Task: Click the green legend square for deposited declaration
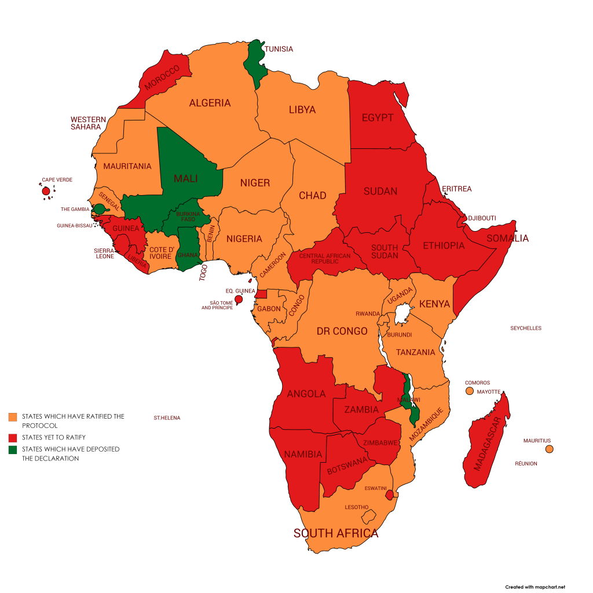[13, 449]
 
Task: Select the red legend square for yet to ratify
[13, 437]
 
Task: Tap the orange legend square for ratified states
[13, 417]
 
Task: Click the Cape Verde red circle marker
[46, 191]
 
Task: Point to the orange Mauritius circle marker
[549, 449]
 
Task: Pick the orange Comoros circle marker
[470, 391]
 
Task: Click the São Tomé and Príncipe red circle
[238, 299]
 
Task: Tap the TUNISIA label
[279, 49]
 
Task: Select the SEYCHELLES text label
[525, 328]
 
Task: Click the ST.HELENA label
[167, 418]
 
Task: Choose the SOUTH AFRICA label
[336, 533]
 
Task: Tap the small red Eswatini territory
[390, 495]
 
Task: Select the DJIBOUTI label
[482, 218]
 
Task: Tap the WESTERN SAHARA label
[88, 123]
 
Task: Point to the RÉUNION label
[526, 463]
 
